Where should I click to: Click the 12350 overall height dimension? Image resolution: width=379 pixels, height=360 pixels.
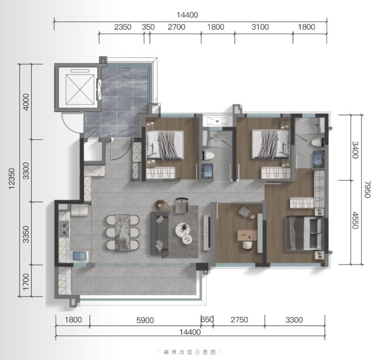pos(12,179)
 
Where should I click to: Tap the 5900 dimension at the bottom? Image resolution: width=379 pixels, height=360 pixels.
pos(145,321)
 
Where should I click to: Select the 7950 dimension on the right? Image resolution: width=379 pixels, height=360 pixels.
pos(367,189)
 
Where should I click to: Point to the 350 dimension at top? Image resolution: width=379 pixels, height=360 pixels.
pos(148,27)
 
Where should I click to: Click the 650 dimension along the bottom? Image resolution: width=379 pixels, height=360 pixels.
pos(207,320)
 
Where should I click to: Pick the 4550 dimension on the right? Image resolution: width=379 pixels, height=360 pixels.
pos(355,220)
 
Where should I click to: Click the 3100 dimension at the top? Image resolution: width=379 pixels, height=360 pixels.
pos(260,27)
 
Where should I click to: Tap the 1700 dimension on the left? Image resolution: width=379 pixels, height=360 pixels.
pos(26,282)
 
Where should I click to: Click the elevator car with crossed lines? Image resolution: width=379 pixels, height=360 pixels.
pos(80,89)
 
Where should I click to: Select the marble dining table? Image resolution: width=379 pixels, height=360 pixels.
pos(122,232)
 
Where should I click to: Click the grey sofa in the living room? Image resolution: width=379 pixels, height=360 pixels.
pos(159,234)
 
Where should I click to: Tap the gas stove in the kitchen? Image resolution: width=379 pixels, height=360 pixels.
pos(65,229)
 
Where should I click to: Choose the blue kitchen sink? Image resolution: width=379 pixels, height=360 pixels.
pos(79,256)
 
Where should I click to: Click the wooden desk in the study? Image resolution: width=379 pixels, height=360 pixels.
pos(247,236)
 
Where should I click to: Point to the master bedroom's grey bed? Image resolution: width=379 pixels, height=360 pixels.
pos(304,234)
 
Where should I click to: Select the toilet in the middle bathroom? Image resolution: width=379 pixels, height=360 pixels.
pos(208,155)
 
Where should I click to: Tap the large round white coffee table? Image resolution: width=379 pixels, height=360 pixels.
pos(182,229)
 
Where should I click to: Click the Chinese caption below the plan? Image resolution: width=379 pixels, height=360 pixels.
pos(189,352)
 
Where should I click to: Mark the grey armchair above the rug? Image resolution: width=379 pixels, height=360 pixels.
pos(182,206)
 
